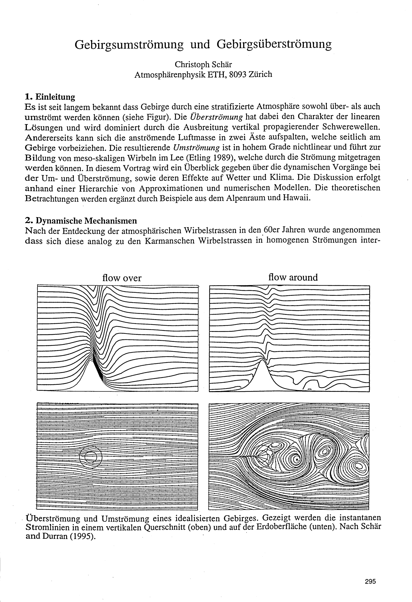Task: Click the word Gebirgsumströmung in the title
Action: point(129,45)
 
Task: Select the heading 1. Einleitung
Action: point(50,97)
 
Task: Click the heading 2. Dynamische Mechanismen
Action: point(81,221)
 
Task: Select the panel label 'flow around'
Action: point(293,277)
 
